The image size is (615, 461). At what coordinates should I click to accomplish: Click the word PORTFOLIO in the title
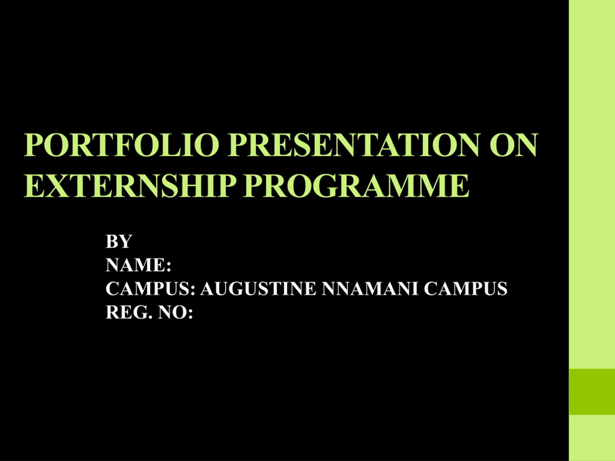[121, 145]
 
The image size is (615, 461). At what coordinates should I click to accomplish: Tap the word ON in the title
[514, 145]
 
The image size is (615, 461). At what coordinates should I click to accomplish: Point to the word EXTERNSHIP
[129, 186]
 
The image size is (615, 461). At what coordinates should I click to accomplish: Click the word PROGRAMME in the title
[357, 186]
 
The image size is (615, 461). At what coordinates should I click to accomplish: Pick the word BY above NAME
[119, 242]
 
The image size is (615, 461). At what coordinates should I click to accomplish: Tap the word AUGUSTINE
[258, 288]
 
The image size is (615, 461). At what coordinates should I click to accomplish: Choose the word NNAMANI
[370, 288]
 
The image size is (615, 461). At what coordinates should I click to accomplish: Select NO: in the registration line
[175, 312]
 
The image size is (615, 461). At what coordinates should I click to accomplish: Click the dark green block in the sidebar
[592, 392]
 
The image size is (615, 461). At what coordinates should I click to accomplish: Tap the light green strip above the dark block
[592, 184]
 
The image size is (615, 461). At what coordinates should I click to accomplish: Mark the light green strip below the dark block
[592, 438]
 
